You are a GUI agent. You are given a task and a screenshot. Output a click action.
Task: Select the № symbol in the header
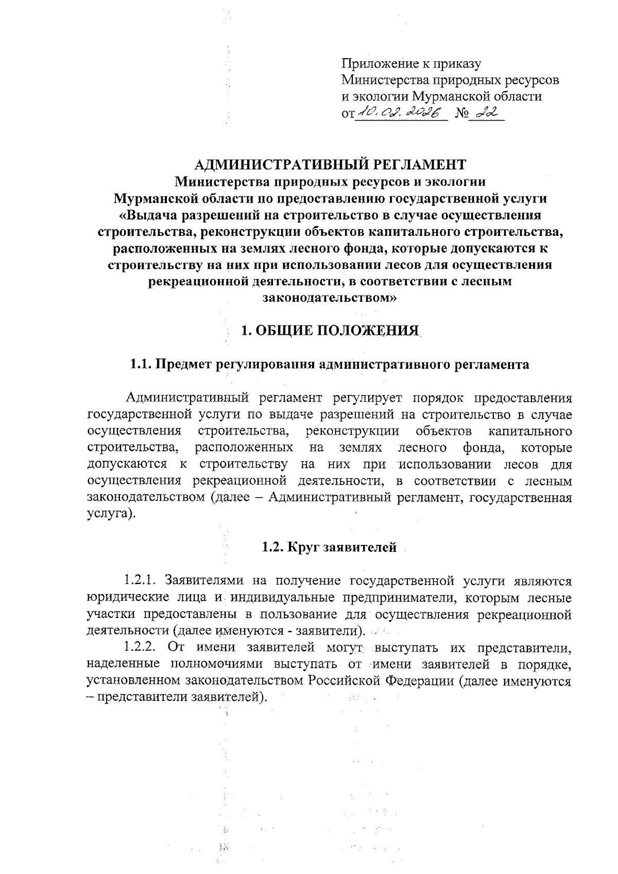tap(462, 113)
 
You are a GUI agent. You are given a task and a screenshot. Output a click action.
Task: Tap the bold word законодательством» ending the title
tap(330, 298)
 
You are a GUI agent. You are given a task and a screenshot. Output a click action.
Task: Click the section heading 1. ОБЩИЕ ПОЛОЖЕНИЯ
tap(330, 331)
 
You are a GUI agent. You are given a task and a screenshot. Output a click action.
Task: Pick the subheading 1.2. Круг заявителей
tap(330, 547)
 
